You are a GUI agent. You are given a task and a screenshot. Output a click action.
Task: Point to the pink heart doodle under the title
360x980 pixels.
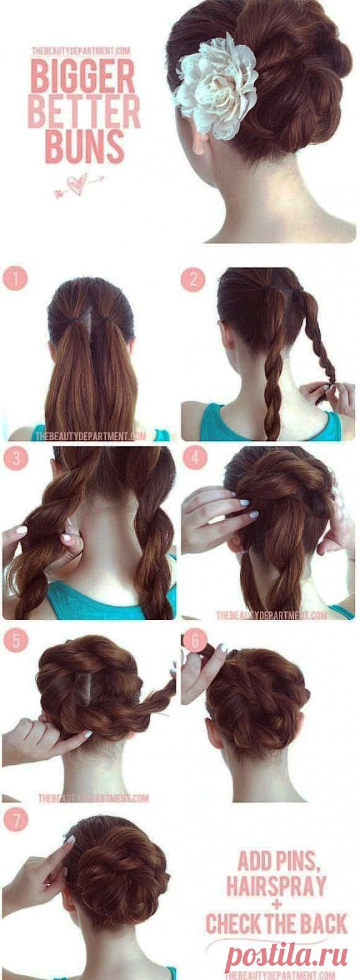(x=78, y=185)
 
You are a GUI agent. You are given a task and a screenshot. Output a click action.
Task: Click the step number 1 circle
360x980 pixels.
(x=15, y=279)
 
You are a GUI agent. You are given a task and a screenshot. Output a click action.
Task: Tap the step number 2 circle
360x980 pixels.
(x=193, y=279)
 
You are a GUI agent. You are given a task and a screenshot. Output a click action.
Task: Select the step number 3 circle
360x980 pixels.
(x=15, y=459)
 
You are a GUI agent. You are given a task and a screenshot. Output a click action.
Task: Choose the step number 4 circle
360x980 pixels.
(x=194, y=458)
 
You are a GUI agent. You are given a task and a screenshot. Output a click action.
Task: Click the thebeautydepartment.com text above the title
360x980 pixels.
(x=82, y=51)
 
